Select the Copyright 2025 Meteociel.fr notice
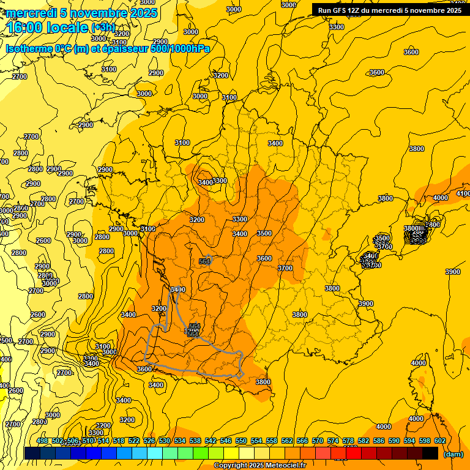[259, 466]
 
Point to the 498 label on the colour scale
[42, 441]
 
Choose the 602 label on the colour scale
[439, 441]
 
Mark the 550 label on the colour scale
[241, 441]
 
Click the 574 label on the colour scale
[332, 441]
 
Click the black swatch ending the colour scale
[430, 453]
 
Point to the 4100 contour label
[463, 193]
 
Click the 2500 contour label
[5, 340]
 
